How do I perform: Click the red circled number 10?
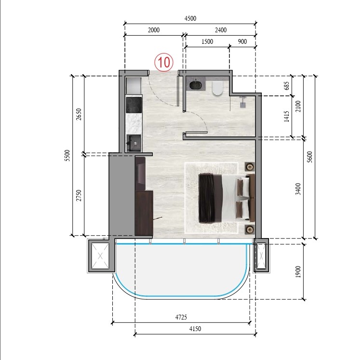[x=163, y=62]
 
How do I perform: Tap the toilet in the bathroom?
[x=216, y=88]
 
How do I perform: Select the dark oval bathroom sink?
[x=196, y=86]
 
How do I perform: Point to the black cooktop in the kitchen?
[x=134, y=104]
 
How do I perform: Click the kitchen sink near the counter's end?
[x=134, y=143]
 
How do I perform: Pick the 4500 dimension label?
[x=190, y=19]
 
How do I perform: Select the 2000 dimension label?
[x=153, y=30]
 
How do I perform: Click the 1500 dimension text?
[x=207, y=42]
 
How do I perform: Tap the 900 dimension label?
[x=242, y=42]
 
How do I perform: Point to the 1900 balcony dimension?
[x=298, y=272]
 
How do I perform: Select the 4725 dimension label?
[x=181, y=317]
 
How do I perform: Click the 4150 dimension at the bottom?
[x=195, y=329]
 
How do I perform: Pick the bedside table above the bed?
[x=250, y=167]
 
